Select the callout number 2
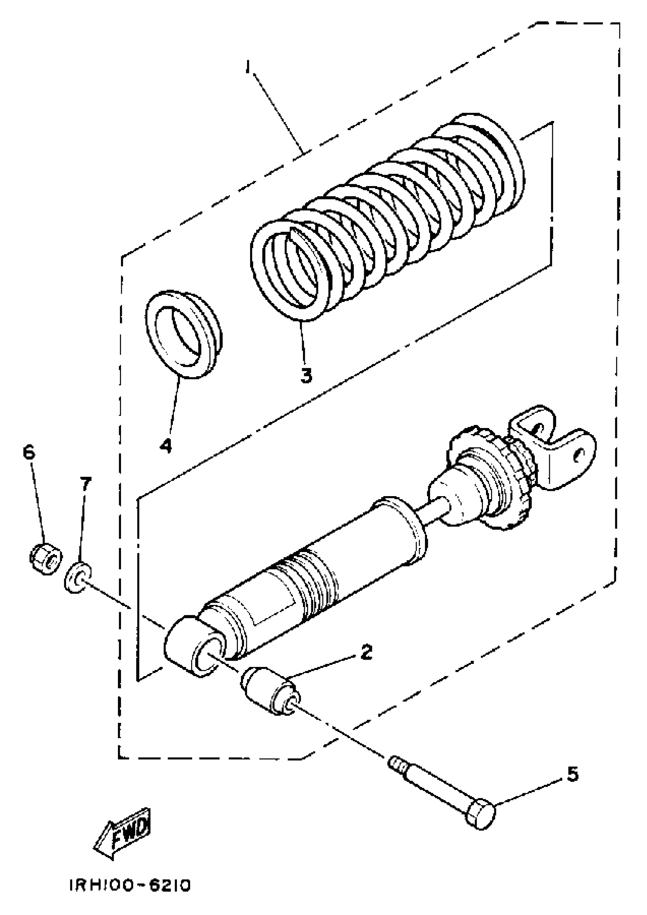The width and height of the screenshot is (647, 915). [366, 652]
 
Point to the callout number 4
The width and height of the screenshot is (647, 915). [166, 444]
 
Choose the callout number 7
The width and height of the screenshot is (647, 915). [85, 485]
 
